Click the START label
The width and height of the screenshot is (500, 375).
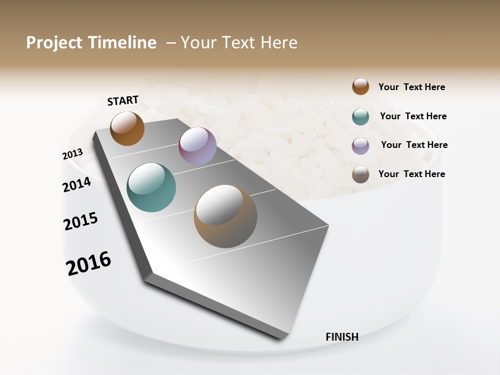(x=123, y=101)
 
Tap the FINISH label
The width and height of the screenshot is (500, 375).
(x=342, y=337)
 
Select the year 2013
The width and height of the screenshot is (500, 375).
(x=72, y=154)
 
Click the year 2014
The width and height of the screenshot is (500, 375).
(x=77, y=184)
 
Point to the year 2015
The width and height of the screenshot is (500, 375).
(x=81, y=221)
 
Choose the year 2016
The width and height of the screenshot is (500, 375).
(x=89, y=263)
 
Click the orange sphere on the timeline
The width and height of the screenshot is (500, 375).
(x=127, y=128)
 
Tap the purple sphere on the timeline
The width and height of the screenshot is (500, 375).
(x=197, y=146)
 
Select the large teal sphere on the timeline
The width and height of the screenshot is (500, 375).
(x=152, y=187)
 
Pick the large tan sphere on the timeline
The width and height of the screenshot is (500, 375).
(x=226, y=216)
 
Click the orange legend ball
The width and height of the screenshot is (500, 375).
(x=360, y=87)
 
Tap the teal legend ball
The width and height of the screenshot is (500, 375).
(x=360, y=117)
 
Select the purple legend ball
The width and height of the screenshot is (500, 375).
(x=360, y=146)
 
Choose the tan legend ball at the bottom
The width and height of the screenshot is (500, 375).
(x=360, y=174)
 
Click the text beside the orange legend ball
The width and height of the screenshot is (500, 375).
(x=411, y=87)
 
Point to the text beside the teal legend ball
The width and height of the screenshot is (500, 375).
(x=413, y=116)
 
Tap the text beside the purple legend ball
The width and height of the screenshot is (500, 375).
(x=414, y=145)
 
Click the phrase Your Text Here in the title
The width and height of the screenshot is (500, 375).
(x=239, y=43)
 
